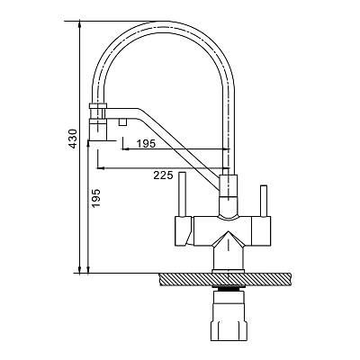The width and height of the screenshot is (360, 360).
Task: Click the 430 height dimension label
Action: [73, 139]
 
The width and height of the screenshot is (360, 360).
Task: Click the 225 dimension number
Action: [163, 175]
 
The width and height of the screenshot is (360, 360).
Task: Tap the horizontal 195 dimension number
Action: [146, 144]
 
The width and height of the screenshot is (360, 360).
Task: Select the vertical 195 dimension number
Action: [95, 198]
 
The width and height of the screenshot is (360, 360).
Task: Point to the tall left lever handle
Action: [182, 194]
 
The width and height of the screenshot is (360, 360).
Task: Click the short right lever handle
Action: [264, 201]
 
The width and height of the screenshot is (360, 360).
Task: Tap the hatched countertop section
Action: [226, 279]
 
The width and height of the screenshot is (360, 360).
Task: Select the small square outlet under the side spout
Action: [123, 121]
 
